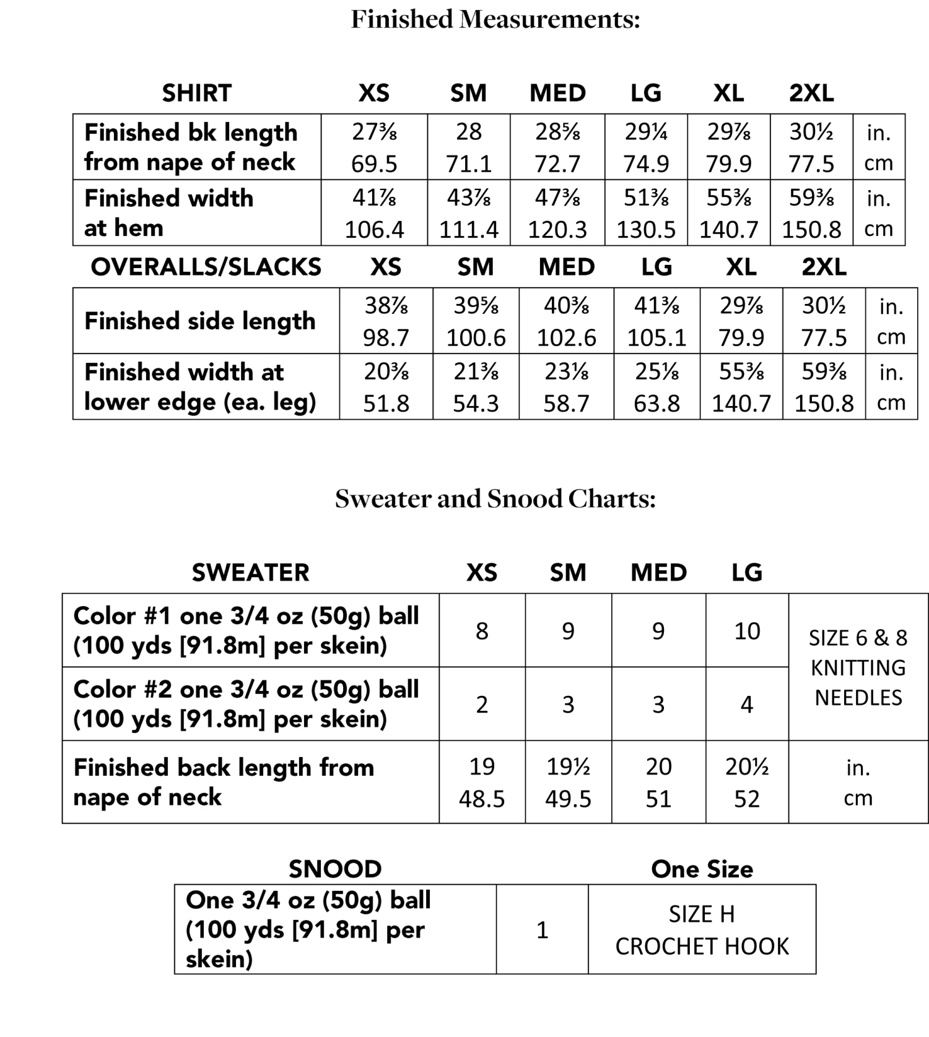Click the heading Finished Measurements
[x=495, y=20]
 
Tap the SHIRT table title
[x=196, y=93]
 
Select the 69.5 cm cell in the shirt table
[x=374, y=164]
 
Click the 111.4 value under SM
[x=469, y=230]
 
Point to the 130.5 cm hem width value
[x=646, y=230]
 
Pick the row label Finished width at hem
[x=168, y=213]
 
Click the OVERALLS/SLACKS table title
[x=206, y=267]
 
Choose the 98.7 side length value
[x=386, y=338]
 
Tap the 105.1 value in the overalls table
[x=656, y=338]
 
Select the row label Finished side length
[x=199, y=321]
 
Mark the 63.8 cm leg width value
[x=656, y=404]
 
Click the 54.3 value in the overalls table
[x=476, y=404]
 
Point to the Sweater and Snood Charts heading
[x=495, y=499]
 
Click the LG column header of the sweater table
[x=747, y=573]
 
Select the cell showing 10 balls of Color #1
[x=747, y=631]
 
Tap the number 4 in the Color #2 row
[x=747, y=705]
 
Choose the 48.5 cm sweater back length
[x=482, y=799]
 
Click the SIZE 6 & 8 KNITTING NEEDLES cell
[x=858, y=667]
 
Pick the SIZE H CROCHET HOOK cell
[x=702, y=930]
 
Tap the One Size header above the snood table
[x=702, y=870]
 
